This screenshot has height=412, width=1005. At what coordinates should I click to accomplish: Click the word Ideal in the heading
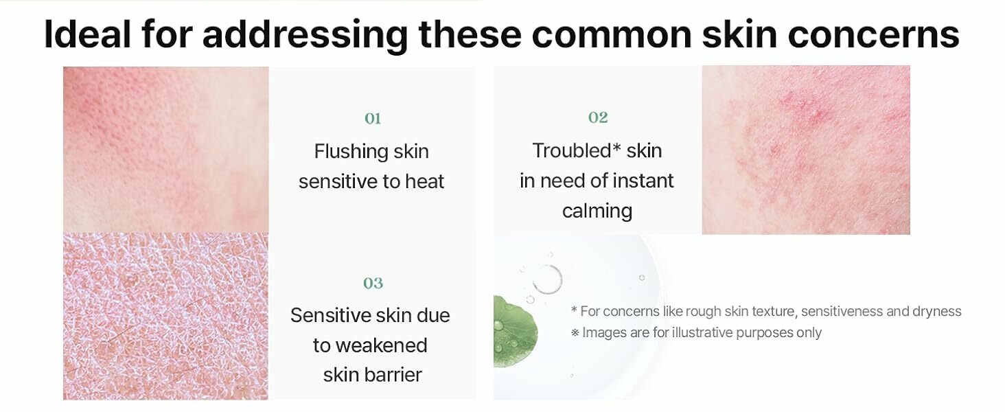click(87, 34)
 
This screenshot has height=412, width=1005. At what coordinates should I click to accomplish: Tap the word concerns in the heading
click(874, 34)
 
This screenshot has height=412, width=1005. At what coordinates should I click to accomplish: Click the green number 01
click(373, 119)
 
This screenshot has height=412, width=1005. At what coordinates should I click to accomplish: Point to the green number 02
click(598, 117)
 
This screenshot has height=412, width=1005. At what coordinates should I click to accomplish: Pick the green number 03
click(373, 283)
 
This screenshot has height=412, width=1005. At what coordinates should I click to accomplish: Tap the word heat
click(424, 182)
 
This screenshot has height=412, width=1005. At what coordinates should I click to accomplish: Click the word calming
click(597, 211)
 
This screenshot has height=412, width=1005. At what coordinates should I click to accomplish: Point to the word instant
click(643, 181)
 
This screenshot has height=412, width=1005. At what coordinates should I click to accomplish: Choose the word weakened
click(382, 345)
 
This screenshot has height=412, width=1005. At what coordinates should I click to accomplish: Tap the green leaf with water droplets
click(515, 331)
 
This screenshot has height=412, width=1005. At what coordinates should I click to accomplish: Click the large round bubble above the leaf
click(548, 279)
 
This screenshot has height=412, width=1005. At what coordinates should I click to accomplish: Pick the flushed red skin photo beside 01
click(166, 150)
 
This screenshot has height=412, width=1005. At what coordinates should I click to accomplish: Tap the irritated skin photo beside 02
click(806, 150)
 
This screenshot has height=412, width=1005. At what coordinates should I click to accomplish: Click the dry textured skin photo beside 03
click(165, 316)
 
